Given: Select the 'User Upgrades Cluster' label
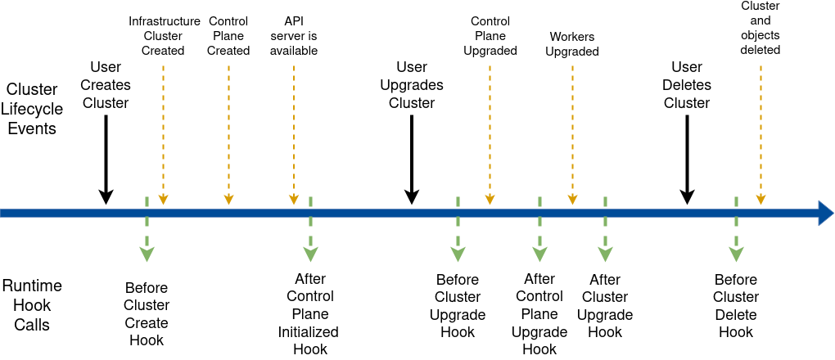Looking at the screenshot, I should point(412,85).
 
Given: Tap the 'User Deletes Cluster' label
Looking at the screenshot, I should point(687,85).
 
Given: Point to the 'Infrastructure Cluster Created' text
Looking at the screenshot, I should point(164,36).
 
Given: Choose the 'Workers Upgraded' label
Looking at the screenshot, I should point(572,44).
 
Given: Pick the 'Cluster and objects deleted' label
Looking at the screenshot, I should point(761,28).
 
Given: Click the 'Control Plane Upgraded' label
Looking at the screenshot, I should point(490,36).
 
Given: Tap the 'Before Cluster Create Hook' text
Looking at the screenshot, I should point(147,314).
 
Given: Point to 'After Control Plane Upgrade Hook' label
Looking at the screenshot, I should point(539,314).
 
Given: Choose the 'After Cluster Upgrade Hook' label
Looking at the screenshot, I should point(605,306).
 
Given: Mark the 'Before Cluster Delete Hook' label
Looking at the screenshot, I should point(736,306).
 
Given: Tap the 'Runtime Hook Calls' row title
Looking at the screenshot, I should point(32,305).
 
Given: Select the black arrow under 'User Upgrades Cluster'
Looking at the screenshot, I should point(412,160).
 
